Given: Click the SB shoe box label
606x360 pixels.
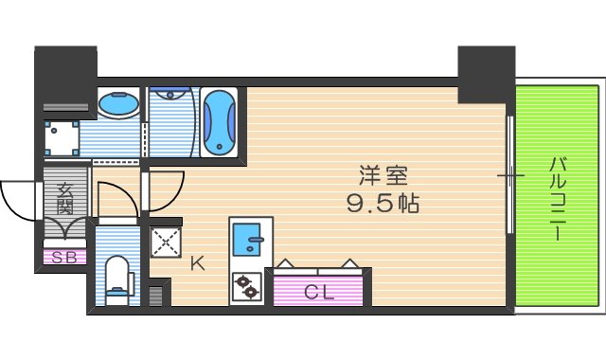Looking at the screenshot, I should pyautogui.click(x=64, y=256).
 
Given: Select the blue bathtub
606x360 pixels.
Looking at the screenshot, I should pyautogui.click(x=219, y=121).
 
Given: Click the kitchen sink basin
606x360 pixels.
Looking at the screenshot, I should pyautogui.click(x=249, y=236).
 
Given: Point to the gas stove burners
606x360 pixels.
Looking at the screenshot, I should pyautogui.click(x=249, y=285).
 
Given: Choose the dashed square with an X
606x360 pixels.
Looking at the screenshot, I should pyautogui.click(x=166, y=242).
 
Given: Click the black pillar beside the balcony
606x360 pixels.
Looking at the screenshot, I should pyautogui.click(x=485, y=74).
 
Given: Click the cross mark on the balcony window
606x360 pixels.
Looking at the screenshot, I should pyautogui.click(x=510, y=176).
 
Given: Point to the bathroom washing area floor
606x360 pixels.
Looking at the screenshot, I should pyautogui.click(x=170, y=123).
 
